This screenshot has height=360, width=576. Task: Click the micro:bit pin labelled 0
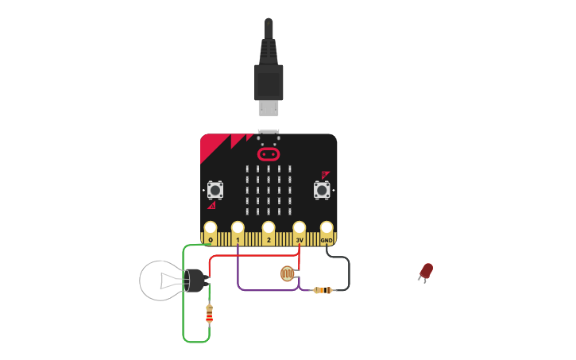pos(211,229)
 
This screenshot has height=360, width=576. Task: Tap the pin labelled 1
pos(238,229)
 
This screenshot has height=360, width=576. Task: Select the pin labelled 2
pos(269,229)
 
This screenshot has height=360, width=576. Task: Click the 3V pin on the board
pos(300,229)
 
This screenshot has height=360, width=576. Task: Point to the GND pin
pos(327,229)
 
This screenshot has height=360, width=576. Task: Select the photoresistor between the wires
pos(286,274)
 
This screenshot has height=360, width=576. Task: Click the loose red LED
pos(427,271)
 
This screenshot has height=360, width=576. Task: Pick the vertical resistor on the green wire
pos(210,315)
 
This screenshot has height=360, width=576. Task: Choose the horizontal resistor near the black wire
pos(322,290)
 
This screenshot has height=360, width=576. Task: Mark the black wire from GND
pos(348,270)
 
